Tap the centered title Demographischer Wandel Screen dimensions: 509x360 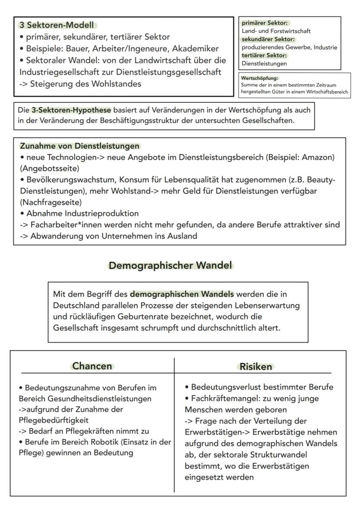click(x=170, y=265)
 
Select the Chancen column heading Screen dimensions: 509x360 click(x=93, y=366)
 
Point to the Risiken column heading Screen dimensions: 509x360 click(x=256, y=367)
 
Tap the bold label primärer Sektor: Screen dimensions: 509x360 click(x=262, y=23)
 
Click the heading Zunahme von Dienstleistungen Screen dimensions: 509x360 click(x=80, y=146)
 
